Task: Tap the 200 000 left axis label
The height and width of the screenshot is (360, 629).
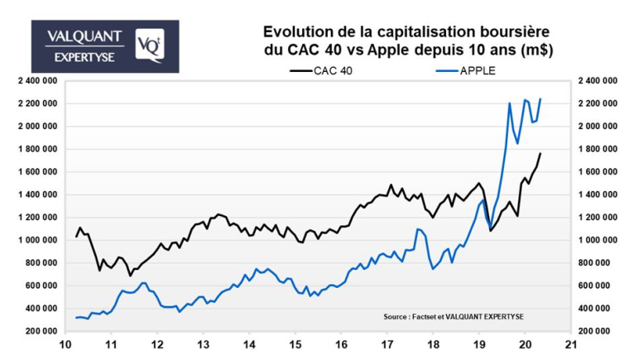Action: [39, 331]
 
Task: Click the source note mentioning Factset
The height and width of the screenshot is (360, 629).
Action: [454, 316]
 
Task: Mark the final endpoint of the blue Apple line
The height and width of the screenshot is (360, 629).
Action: [540, 98]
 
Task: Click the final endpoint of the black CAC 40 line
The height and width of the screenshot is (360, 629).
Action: [540, 153]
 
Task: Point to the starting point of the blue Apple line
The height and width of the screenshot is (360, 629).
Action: [75, 318]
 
